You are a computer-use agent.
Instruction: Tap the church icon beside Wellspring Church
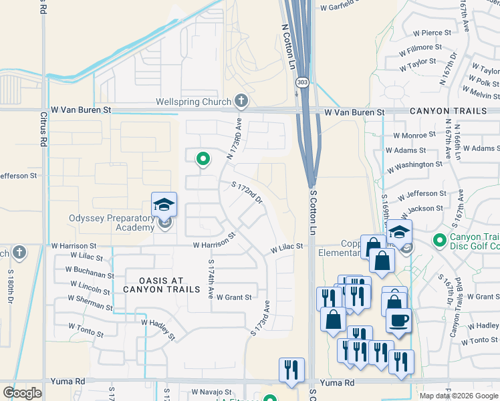[241, 102]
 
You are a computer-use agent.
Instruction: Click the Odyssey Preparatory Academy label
[112, 223]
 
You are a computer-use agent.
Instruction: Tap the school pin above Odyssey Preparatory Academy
[164, 205]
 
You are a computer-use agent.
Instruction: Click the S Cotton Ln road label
[312, 212]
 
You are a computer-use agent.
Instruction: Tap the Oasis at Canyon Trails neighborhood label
[161, 284]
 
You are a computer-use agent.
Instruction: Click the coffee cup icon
[398, 320]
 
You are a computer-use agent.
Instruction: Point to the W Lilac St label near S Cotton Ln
[287, 248]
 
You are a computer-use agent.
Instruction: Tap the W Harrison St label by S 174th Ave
[215, 241]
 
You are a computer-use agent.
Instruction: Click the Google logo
[22, 392]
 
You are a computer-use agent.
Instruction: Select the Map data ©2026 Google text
[459, 396]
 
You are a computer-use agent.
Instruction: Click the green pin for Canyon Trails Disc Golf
[439, 239]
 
